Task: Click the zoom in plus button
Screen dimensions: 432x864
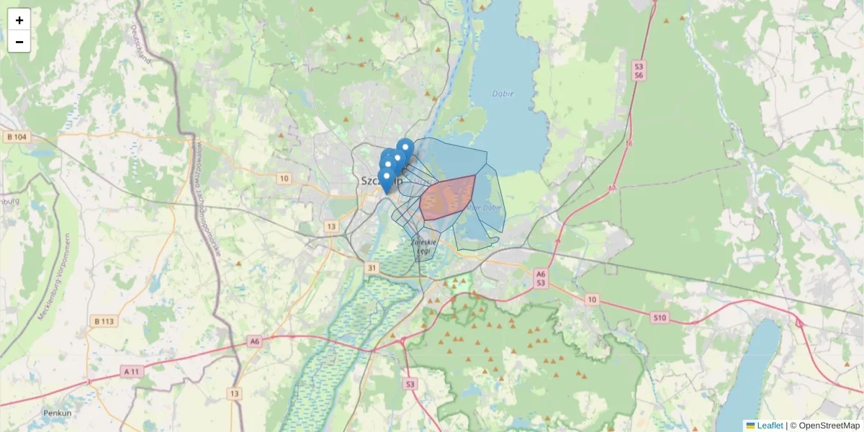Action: pos(19,20)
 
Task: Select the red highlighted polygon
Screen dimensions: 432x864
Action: pos(446,197)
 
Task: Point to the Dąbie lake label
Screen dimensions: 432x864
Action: pos(504,93)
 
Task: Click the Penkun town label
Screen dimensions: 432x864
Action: pos(57,413)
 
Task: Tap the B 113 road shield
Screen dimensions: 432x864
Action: pos(104,321)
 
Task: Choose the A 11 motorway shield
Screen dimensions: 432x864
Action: pos(131,372)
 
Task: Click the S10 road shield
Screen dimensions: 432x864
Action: pos(660,317)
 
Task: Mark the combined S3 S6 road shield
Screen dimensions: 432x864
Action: pos(639,71)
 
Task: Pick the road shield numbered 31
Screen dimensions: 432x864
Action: pos(372,268)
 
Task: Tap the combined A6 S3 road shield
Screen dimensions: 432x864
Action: pos(541,279)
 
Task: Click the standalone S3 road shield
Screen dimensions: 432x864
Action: pos(410,384)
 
